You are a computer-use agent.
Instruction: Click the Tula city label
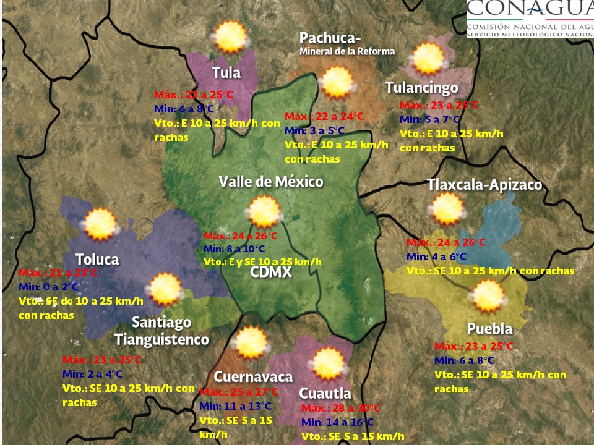[226, 72]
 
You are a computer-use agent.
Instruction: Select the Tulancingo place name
[421, 88]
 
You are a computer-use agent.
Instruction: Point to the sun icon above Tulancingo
[428, 59]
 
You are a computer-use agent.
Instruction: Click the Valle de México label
[271, 182]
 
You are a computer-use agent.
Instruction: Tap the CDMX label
[271, 272]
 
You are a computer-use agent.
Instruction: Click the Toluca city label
[97, 259]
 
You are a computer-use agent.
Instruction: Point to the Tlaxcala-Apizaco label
[484, 185]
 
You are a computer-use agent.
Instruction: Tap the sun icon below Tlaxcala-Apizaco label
[447, 209]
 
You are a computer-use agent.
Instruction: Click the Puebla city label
[489, 328]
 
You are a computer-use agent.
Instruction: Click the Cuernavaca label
[253, 377]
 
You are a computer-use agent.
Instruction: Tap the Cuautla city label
[325, 393]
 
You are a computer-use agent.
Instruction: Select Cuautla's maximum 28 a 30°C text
[340, 409]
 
